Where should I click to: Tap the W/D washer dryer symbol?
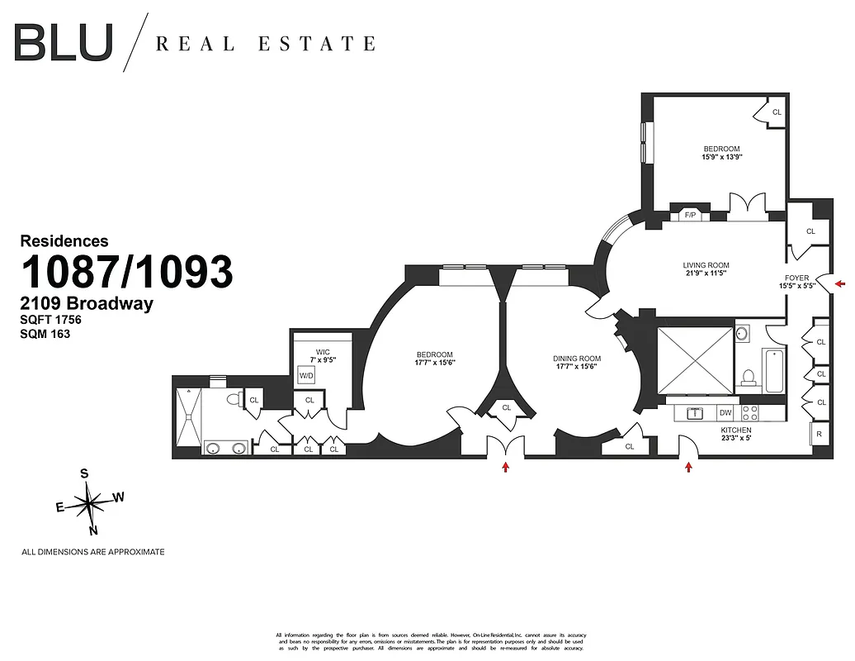click(306, 375)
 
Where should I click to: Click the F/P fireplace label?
click(691, 216)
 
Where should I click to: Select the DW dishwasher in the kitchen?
click(725, 412)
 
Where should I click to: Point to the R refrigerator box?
click(820, 434)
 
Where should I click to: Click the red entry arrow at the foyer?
click(840, 284)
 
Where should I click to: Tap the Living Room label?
click(706, 265)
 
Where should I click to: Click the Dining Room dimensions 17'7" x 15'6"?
click(577, 366)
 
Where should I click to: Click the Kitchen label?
click(735, 430)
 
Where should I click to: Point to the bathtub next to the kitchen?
click(775, 373)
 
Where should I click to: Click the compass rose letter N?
click(93, 530)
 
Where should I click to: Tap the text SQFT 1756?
click(50, 320)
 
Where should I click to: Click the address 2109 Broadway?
click(87, 303)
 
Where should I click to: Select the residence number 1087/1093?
click(126, 272)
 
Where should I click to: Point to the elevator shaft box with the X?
click(695, 360)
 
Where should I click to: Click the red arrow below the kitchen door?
click(688, 468)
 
